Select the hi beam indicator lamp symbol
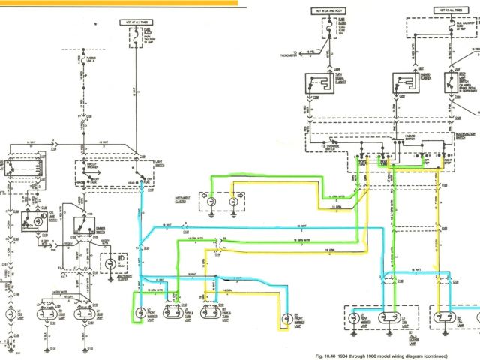[113, 264]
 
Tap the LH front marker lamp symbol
[140, 314]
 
